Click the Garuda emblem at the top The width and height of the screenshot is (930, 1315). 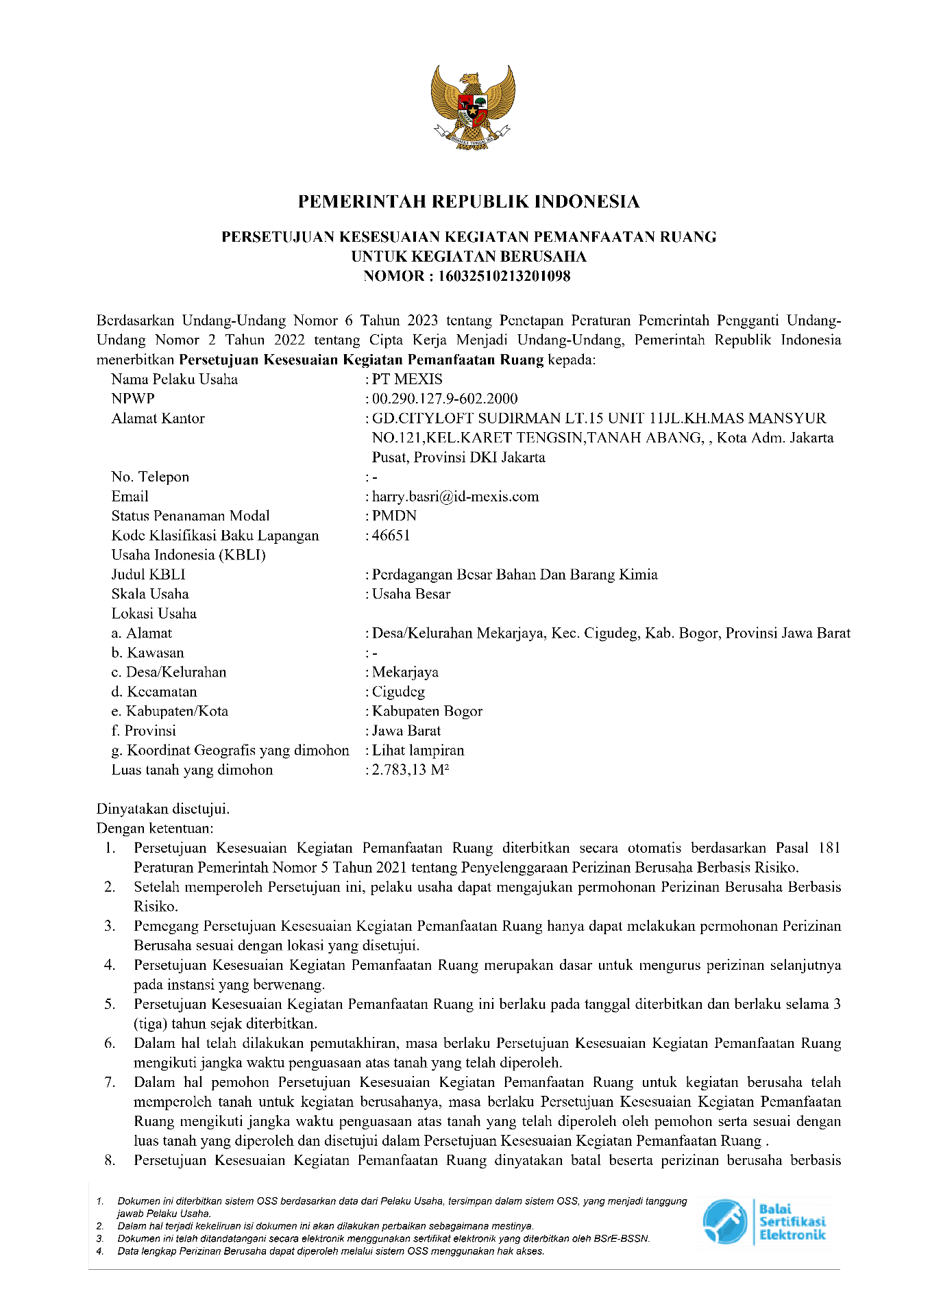pos(473,106)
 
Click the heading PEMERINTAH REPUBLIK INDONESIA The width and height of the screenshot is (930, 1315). pos(469,201)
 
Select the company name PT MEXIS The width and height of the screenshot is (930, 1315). pos(407,379)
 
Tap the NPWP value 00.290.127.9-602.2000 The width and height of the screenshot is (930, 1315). pos(445,399)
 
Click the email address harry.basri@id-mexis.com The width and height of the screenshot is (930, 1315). pos(455,497)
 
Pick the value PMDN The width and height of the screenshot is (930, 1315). pos(394,516)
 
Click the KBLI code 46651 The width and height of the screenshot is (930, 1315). pos(391,536)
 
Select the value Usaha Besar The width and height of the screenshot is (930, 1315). pos(411,594)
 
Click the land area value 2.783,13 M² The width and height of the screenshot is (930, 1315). pos(410,770)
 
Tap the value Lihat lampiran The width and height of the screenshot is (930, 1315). pos(418,751)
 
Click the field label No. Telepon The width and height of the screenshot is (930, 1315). pos(150,477)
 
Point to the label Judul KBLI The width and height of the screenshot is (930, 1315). pos(148,575)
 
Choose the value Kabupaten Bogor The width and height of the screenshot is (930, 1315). pos(427,712)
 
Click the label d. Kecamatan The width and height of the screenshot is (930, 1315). pos(154,692)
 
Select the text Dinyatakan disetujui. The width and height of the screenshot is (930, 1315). pos(163,809)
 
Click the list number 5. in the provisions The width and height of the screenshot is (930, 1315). pos(110,1005)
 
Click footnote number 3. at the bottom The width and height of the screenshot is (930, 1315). pos(100,1239)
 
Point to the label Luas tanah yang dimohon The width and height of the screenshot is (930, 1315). pos(192,770)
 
